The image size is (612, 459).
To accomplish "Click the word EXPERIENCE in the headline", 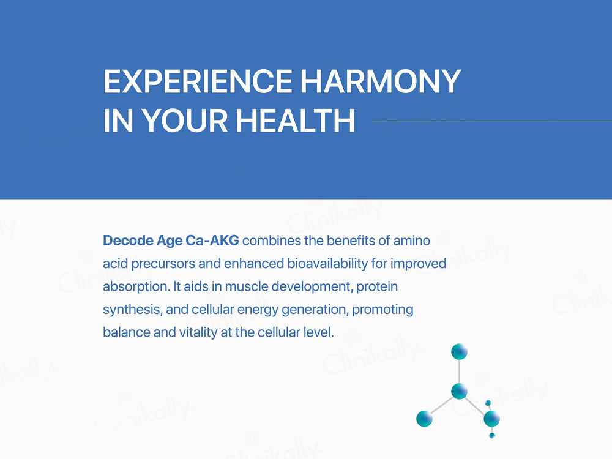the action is click(x=198, y=81).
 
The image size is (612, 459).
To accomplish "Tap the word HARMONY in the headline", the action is click(x=381, y=81).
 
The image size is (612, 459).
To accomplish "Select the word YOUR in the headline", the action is click(x=184, y=121).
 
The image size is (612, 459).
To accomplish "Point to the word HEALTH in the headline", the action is click(x=296, y=121).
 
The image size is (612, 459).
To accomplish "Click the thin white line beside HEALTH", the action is click(x=492, y=121).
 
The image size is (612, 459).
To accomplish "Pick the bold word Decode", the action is click(x=128, y=241).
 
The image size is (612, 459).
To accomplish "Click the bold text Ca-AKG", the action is click(x=212, y=241).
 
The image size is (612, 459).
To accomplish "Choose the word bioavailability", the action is click(x=327, y=264).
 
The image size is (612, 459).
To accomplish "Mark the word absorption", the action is click(x=136, y=287).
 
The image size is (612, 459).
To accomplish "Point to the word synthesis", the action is click(x=132, y=310).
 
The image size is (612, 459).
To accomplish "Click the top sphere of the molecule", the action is click(x=459, y=352).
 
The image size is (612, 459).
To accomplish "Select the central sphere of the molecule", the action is click(x=459, y=391).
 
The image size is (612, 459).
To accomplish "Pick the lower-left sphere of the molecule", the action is click(x=424, y=419).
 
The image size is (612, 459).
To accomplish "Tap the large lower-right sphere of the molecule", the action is click(x=491, y=419).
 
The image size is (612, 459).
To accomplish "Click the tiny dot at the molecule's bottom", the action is click(x=492, y=435).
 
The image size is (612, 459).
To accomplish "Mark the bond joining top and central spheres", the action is click(x=459, y=371).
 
